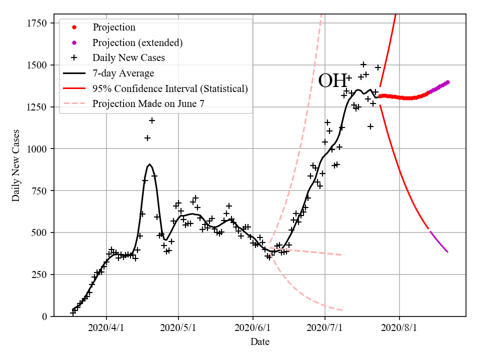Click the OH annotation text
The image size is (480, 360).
[332, 80]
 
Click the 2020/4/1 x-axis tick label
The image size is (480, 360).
[106, 328]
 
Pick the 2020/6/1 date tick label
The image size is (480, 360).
[253, 328]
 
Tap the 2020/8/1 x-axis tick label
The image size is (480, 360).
[399, 328]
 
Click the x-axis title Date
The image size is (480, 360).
[260, 342]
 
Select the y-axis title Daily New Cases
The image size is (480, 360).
[16, 165]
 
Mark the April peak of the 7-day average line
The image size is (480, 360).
[149, 164]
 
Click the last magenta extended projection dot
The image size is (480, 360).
[447, 82]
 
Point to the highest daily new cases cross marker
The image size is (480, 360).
[363, 64]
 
